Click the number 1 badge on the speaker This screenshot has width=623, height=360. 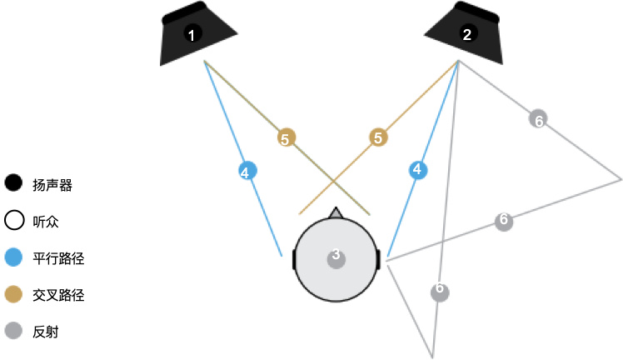tap(192, 34)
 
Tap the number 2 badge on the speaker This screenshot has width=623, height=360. tap(466, 34)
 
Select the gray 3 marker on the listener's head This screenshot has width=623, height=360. tap(336, 255)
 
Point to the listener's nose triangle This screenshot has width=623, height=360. tap(336, 213)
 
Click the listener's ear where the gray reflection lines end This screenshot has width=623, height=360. tap(379, 259)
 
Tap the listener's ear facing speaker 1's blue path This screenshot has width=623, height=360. tap(294, 259)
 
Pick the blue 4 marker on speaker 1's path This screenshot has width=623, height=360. tap(245, 172)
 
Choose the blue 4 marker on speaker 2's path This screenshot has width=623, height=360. tap(418, 170)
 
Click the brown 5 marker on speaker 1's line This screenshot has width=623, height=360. tap(285, 138)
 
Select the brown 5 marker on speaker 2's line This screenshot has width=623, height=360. tap(379, 137)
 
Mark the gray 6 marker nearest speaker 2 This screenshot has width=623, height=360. tap(539, 119)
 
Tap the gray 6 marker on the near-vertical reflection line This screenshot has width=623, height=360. tap(441, 292)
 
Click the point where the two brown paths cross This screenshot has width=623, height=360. tap(334, 180)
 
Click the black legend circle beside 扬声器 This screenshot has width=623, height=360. tap(13, 184)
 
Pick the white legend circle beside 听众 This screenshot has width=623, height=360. tap(13, 221)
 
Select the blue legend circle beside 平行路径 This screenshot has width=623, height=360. tap(13, 257)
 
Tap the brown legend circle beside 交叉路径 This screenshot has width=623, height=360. tap(13, 294)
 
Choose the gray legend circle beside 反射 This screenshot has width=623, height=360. tap(13, 331)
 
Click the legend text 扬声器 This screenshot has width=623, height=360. tap(52, 185)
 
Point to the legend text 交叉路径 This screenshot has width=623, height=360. tap(58, 295)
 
